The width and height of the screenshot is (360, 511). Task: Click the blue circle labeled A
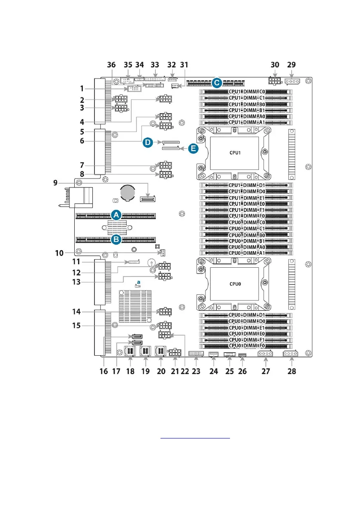(115, 215)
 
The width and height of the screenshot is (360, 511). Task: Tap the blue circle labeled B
(115, 240)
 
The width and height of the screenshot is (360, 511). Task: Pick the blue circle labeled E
(194, 148)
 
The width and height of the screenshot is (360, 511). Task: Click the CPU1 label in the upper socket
(234, 151)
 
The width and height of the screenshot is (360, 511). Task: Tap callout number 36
(111, 65)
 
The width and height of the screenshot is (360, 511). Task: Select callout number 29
(292, 65)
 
